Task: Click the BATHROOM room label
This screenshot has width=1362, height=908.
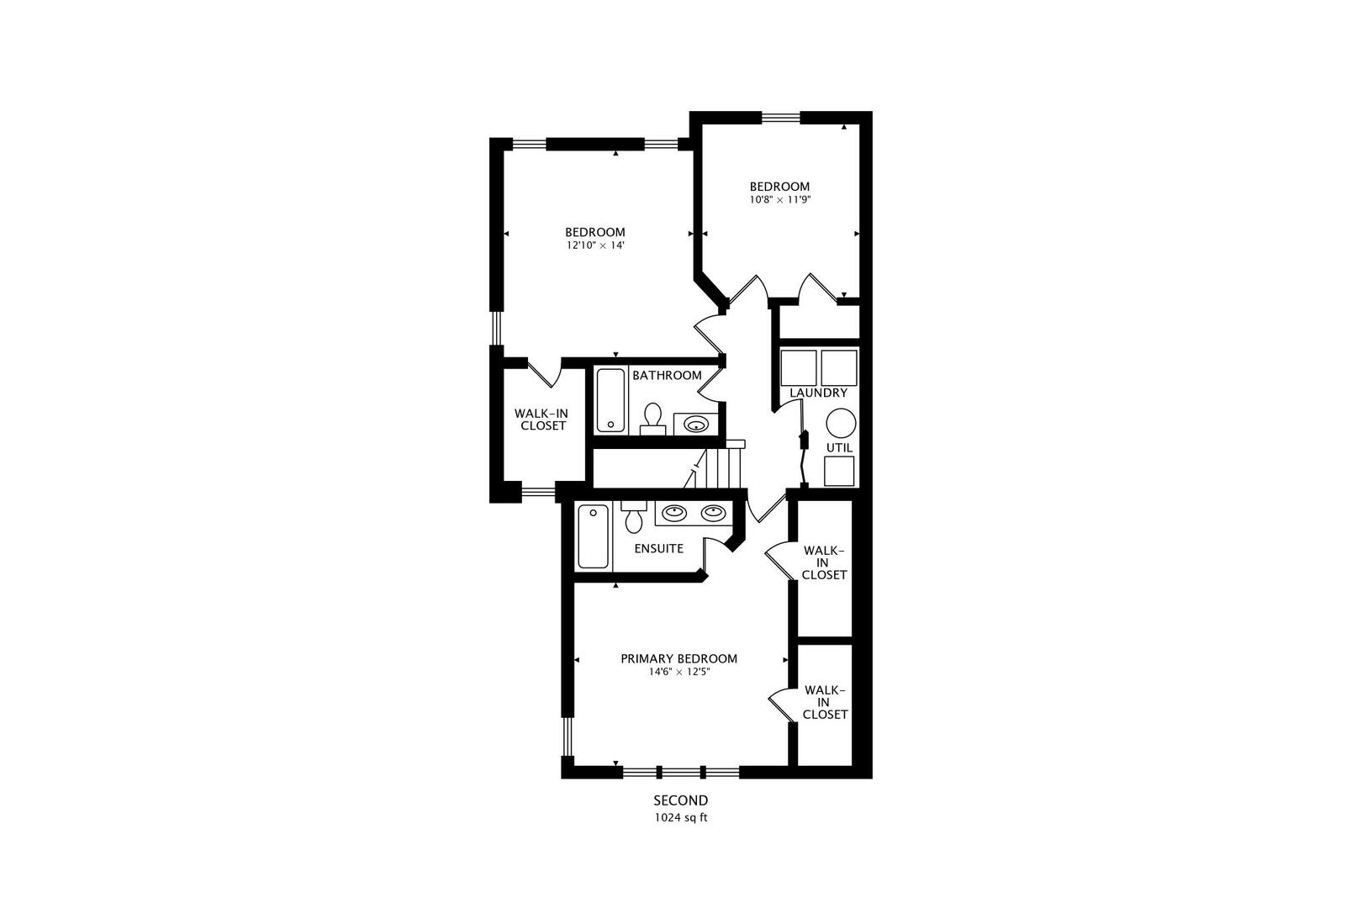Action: [x=667, y=375]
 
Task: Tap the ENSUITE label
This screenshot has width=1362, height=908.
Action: [x=658, y=548]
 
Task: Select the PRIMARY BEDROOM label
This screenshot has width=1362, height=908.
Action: [x=678, y=658]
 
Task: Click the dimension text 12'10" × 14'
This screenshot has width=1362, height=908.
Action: [x=594, y=246]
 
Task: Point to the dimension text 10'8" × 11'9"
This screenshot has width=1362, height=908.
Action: [x=779, y=200]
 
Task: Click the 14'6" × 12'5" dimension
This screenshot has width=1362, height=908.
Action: [x=678, y=673]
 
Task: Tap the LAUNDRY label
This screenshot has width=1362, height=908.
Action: [x=818, y=393]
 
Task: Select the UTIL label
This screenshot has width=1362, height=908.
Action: [x=839, y=447]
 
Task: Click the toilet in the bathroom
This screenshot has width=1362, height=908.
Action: [x=652, y=418]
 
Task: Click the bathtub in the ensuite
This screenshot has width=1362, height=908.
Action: [x=594, y=536]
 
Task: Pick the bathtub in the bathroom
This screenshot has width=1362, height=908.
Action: [x=611, y=400]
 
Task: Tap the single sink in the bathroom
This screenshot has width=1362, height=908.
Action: [x=695, y=424]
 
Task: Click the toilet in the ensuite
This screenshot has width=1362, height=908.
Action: [x=634, y=518]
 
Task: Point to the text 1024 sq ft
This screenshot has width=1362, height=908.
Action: [x=680, y=817]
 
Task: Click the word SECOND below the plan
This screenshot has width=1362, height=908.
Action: [x=680, y=800]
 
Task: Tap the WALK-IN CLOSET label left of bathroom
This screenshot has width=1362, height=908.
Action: [x=540, y=420]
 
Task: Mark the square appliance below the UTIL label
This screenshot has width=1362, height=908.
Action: [x=839, y=471]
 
